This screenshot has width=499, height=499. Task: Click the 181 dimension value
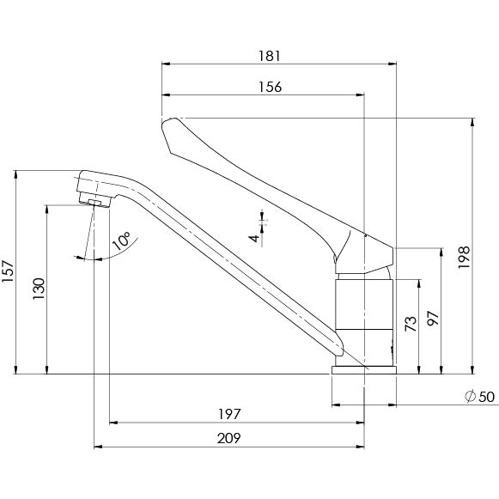pos(269,56)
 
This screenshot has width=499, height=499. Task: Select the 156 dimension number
pos(270,87)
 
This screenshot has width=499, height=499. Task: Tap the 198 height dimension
pos(464,257)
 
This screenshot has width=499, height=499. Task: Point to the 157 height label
pos(8,271)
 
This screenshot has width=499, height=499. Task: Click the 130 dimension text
pos(39,289)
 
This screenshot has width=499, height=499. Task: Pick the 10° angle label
pos(121,240)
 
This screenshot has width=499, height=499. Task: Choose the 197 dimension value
pos(230,414)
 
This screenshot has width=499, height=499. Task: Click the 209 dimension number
pos(229,438)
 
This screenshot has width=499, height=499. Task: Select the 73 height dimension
pos(411,324)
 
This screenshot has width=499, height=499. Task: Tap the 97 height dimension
pos(433,319)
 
